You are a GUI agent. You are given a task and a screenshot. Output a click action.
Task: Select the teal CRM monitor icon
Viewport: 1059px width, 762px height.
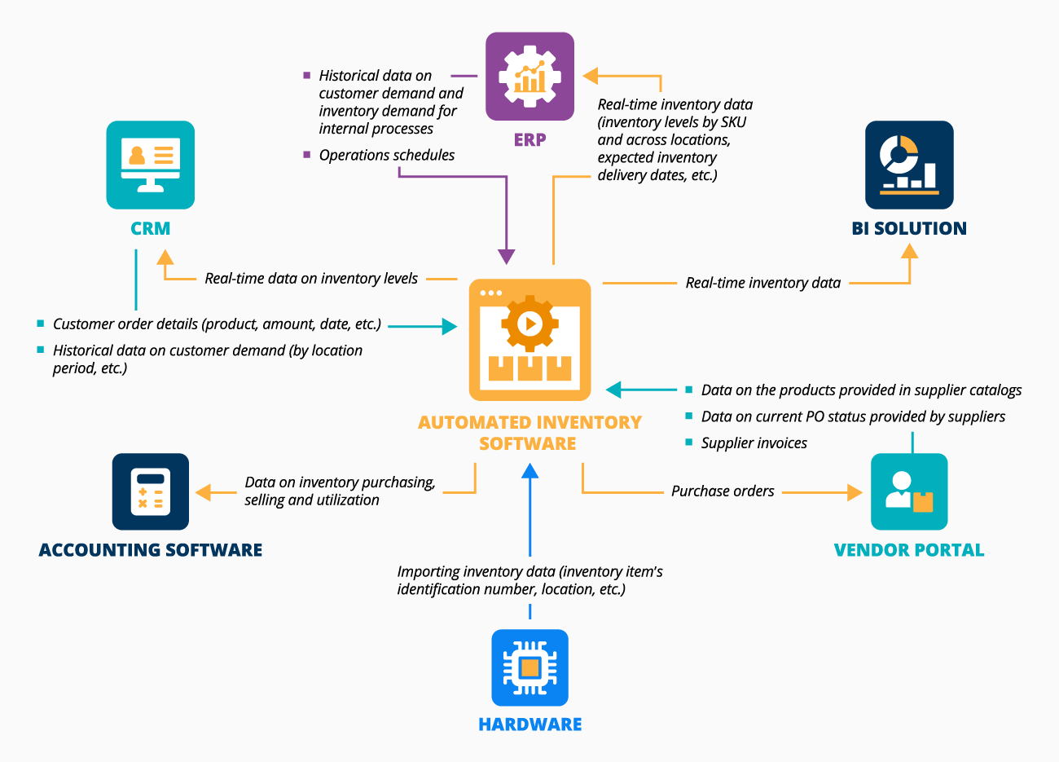coord(151,165)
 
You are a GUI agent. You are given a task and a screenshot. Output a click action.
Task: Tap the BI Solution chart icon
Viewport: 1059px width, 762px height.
coord(909,165)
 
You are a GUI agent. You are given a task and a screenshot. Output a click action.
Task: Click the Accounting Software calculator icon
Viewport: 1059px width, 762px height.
coord(151,491)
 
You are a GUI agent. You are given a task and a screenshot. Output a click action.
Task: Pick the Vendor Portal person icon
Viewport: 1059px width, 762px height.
coord(909,491)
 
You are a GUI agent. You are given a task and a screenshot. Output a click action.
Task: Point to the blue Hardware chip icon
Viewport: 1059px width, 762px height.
coord(529,667)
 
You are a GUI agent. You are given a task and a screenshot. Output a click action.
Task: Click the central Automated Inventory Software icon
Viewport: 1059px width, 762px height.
coord(529,340)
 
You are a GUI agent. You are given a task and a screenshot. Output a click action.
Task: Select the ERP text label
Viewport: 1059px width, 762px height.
coord(529,140)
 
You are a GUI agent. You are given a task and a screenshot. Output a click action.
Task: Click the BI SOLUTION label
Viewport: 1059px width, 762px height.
coord(909,229)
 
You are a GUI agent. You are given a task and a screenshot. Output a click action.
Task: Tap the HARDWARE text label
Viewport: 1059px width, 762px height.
coord(529,725)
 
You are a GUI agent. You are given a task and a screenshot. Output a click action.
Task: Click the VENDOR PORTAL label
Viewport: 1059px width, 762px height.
coord(909,550)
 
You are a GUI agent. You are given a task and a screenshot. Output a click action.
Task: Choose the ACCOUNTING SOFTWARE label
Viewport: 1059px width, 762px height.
coord(151,550)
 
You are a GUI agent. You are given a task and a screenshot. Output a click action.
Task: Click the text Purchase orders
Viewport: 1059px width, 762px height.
coord(723,491)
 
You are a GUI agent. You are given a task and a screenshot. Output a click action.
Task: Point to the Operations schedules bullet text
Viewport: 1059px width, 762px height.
coord(386,155)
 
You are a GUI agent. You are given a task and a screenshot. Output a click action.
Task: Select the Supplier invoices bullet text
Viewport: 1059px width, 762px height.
coord(754,443)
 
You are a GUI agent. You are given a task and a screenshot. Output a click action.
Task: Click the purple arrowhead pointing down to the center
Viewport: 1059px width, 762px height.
coord(507,257)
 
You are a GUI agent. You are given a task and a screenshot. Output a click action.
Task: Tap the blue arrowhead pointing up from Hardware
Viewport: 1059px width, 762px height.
coord(529,470)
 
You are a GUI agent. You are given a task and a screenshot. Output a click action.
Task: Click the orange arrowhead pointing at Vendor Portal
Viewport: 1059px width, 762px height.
coord(855,492)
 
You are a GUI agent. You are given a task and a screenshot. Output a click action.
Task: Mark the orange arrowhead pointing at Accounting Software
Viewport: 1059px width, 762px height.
coord(203,492)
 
